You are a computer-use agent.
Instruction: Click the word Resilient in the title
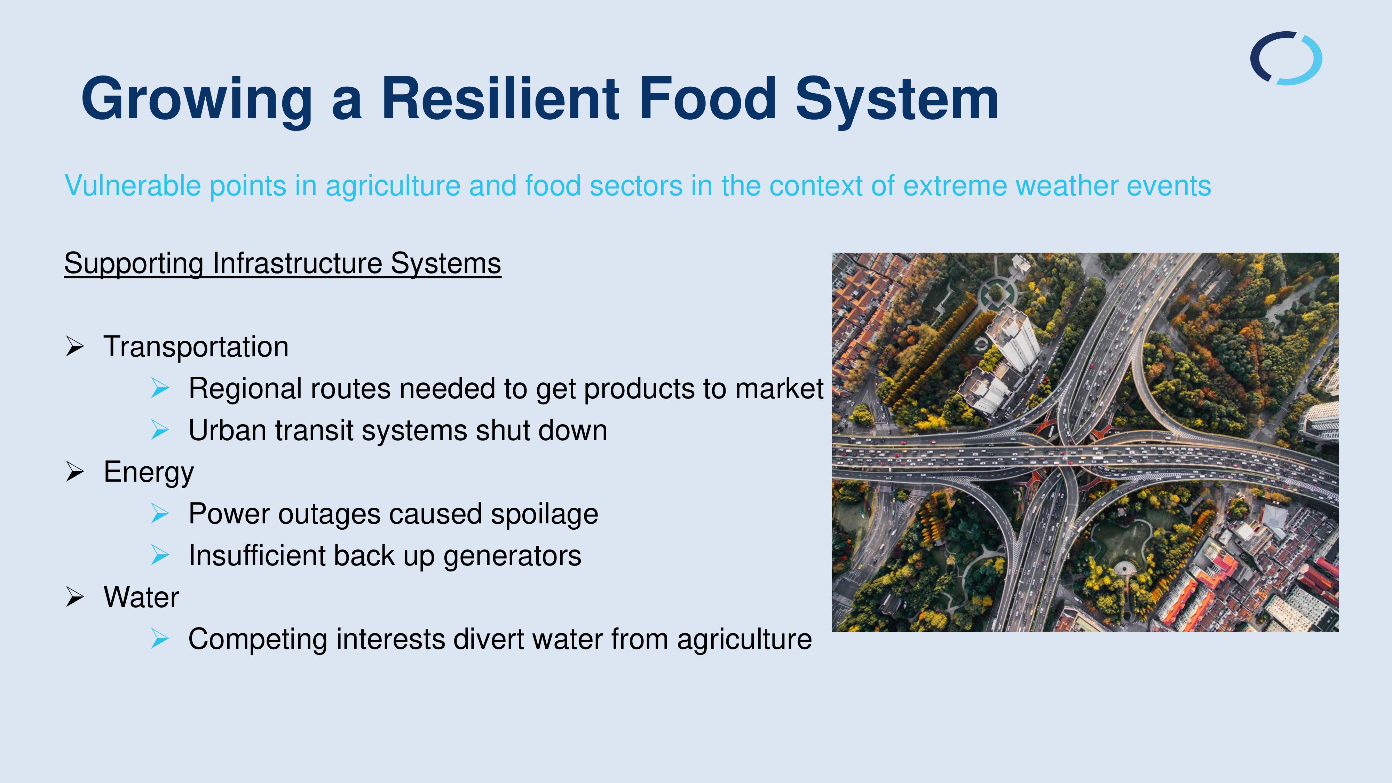[500, 98]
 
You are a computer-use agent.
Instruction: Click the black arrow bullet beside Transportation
[74, 346]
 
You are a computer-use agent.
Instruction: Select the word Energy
[149, 472]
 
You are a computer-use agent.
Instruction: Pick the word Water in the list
[141, 596]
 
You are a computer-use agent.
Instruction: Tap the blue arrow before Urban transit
[160, 430]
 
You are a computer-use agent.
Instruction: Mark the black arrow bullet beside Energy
[74, 472]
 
